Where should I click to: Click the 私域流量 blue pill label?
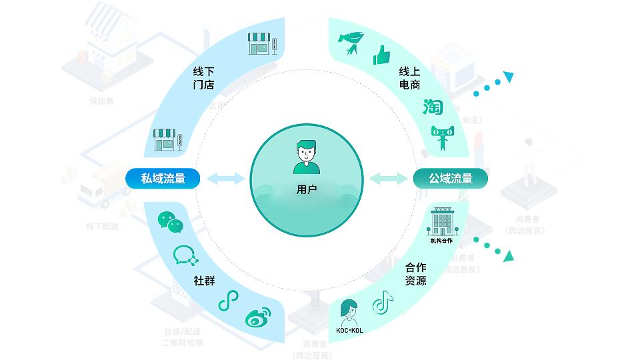coord(163,178)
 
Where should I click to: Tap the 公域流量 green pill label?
coord(451,178)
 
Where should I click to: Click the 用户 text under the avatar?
coord(307,190)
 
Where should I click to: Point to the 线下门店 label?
coord(203,78)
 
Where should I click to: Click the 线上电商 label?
coord(409,78)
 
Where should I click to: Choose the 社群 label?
coord(204,281)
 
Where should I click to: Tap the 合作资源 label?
coord(415,274)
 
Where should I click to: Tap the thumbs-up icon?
coord(381,55)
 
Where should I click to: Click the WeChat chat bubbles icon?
coord(170,222)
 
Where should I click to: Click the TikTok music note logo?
coord(382,303)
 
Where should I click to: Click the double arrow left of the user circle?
coord(225,178)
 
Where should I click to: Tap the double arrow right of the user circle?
coord(388,178)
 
